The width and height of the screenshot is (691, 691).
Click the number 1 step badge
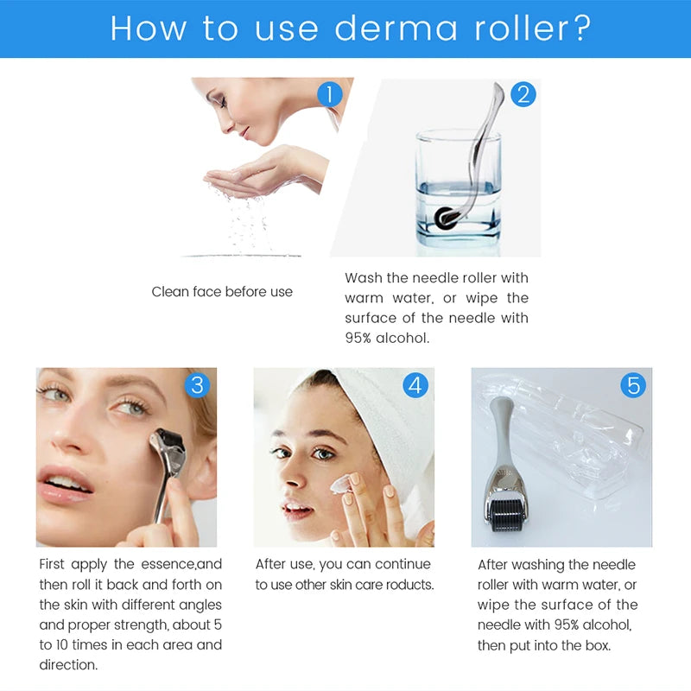[x=329, y=93]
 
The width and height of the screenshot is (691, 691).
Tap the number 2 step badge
[x=523, y=93]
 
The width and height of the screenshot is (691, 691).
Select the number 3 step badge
[x=198, y=384]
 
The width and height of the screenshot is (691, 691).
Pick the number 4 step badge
[x=416, y=384]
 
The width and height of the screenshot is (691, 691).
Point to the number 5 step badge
[x=634, y=384]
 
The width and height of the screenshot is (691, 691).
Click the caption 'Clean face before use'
[x=222, y=292]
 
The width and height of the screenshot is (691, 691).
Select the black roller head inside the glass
[x=447, y=218]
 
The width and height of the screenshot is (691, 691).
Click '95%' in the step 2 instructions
[x=361, y=339]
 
